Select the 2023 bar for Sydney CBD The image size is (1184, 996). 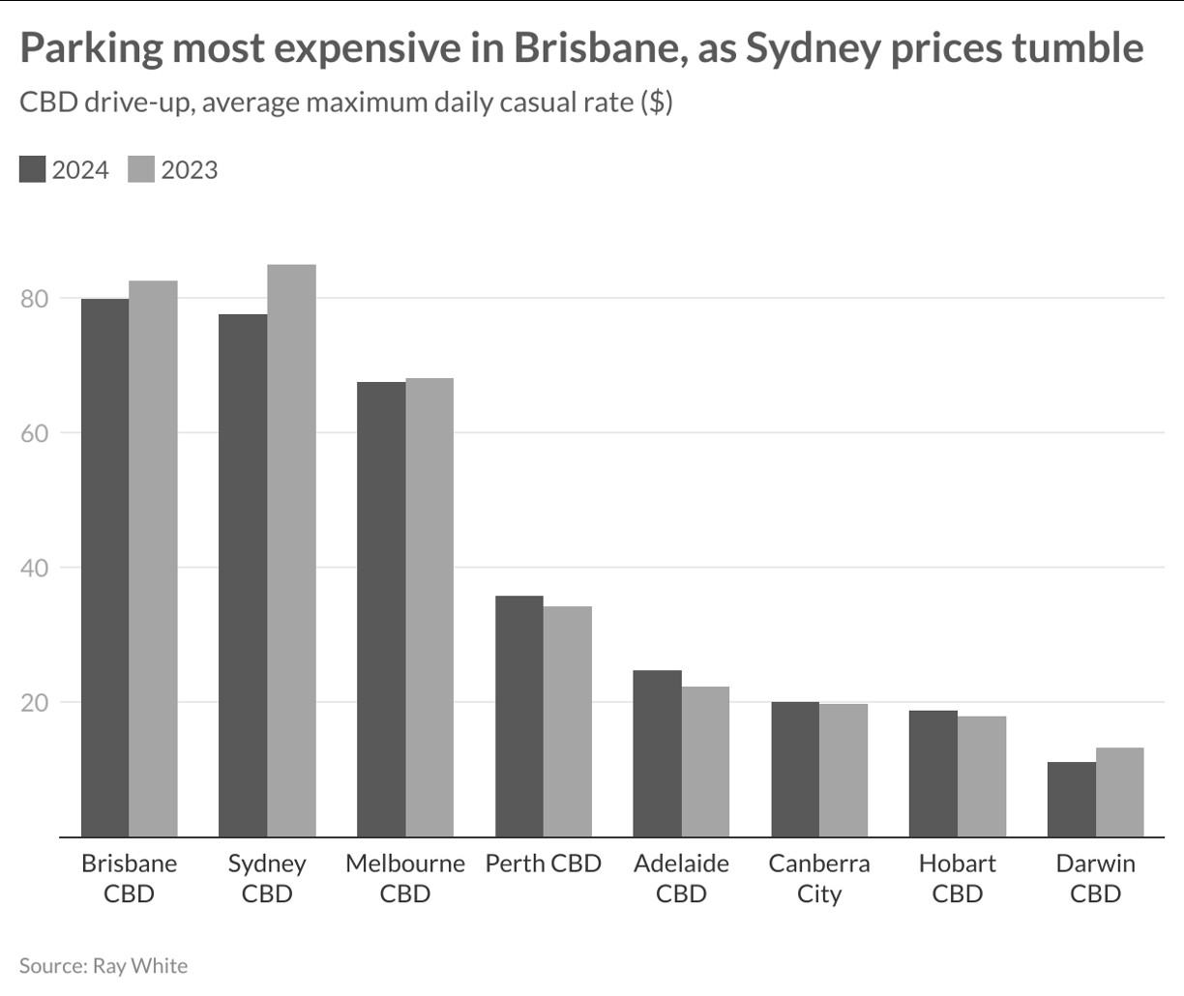tap(291, 551)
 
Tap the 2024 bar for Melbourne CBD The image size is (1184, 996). tap(381, 609)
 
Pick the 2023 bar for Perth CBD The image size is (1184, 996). tap(567, 721)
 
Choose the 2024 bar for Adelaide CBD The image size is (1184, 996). tap(657, 753)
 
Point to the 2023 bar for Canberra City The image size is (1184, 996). tap(844, 770)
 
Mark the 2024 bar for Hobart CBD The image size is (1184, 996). tap(933, 774)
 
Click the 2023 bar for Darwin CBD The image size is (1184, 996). tap(1119, 792)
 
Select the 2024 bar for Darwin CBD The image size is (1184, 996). tap(1071, 799)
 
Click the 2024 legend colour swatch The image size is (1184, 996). tap(32, 169)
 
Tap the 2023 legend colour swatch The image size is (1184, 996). tap(141, 169)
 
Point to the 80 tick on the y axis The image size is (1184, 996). tap(34, 298)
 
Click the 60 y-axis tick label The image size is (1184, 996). tap(34, 432)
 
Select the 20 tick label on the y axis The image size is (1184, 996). tap(34, 702)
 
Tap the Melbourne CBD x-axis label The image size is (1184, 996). tap(405, 878)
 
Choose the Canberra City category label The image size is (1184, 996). tap(819, 878)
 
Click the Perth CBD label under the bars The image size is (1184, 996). tap(543, 864)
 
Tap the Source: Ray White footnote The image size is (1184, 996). tap(104, 965)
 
